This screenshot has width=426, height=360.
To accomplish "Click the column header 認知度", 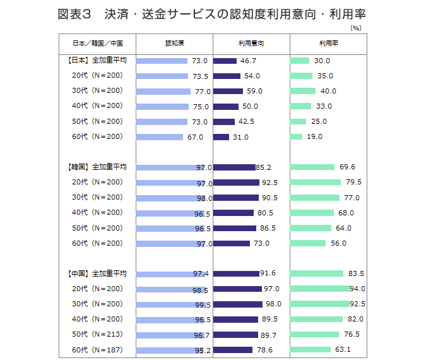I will [174, 44].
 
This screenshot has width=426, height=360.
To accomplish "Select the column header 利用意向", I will [251, 44].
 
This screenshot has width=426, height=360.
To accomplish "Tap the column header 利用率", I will [328, 44].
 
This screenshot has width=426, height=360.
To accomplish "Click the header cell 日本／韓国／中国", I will [97, 44].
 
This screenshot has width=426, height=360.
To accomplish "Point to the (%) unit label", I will [355, 28].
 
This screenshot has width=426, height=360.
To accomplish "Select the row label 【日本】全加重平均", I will [97, 61].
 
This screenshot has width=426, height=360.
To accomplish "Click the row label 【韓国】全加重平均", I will [97, 167].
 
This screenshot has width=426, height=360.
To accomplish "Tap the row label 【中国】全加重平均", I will [97, 273].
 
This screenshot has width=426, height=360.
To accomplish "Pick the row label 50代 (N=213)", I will [97, 334].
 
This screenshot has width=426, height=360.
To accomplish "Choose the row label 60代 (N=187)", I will [97, 349].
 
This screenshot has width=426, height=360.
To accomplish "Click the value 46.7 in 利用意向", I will [249, 61].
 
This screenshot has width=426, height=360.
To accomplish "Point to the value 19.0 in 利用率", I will [314, 136].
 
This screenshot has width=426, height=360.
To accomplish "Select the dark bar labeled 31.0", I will [221, 136].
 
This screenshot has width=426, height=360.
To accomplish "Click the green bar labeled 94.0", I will [320, 289].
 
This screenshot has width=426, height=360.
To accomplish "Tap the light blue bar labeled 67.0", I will [160, 136].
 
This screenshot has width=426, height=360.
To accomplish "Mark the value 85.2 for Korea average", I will [264, 167].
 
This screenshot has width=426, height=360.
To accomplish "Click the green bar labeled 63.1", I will [311, 349].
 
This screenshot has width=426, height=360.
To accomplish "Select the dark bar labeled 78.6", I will [233, 349].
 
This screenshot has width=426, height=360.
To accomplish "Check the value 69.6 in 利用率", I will [347, 167].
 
